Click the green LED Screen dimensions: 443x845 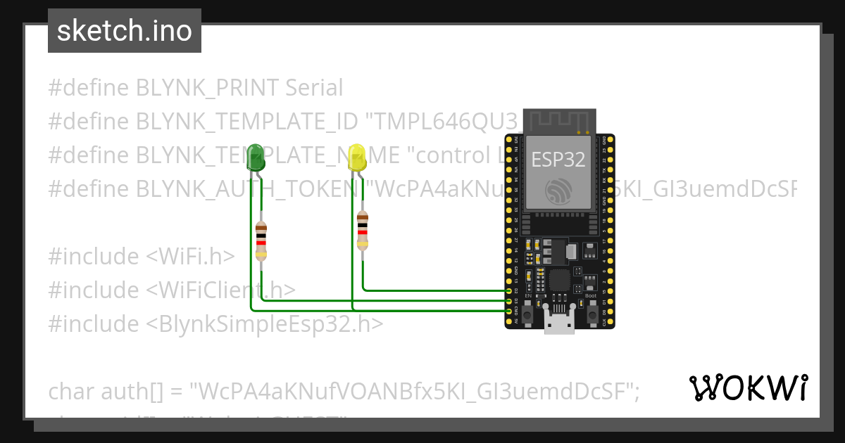pos(255,158)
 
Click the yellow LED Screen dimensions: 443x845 pos(358,158)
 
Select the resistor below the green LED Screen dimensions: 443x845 pos(261,240)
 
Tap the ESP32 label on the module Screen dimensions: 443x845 pos(558,159)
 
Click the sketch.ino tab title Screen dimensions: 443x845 pos(125,32)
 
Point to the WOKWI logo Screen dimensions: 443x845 pos(748,387)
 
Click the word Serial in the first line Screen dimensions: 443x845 pos(313,88)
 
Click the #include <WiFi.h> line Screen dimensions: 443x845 pos(141,257)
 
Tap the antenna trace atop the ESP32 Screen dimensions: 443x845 pos(559,120)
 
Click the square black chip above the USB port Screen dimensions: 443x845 pos(559,281)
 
